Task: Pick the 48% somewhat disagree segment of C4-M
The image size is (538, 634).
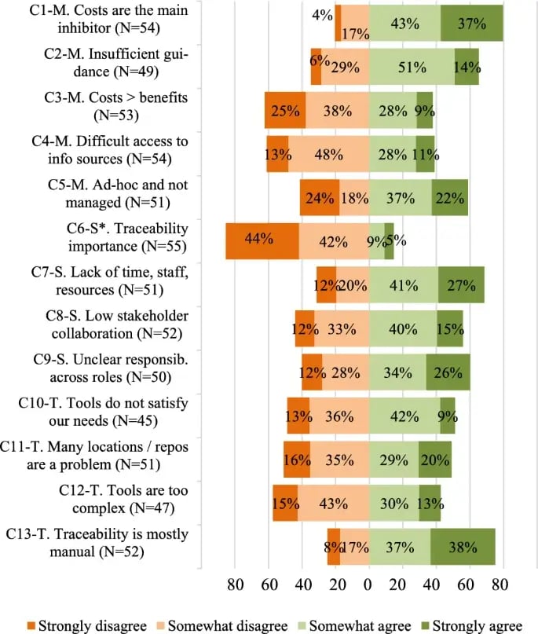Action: (x=328, y=154)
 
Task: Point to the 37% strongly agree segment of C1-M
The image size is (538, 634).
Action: (x=471, y=23)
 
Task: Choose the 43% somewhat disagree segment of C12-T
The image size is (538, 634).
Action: (x=333, y=503)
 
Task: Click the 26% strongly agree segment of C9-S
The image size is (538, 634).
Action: (x=448, y=372)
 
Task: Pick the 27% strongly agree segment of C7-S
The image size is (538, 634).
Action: (x=461, y=284)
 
